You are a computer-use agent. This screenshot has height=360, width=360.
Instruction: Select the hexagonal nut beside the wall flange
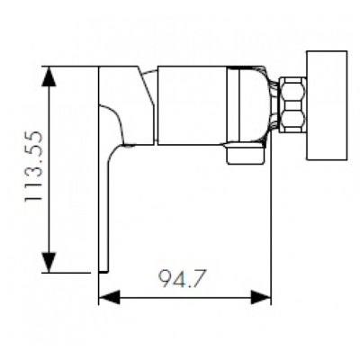coord(292,104)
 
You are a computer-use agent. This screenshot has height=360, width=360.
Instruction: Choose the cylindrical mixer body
coord(193,104)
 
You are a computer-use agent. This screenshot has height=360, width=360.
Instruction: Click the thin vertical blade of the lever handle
coord(104,207)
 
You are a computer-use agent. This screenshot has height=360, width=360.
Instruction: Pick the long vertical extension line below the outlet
coord(271,234)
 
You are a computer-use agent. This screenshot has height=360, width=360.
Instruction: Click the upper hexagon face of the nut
coord(292,90)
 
